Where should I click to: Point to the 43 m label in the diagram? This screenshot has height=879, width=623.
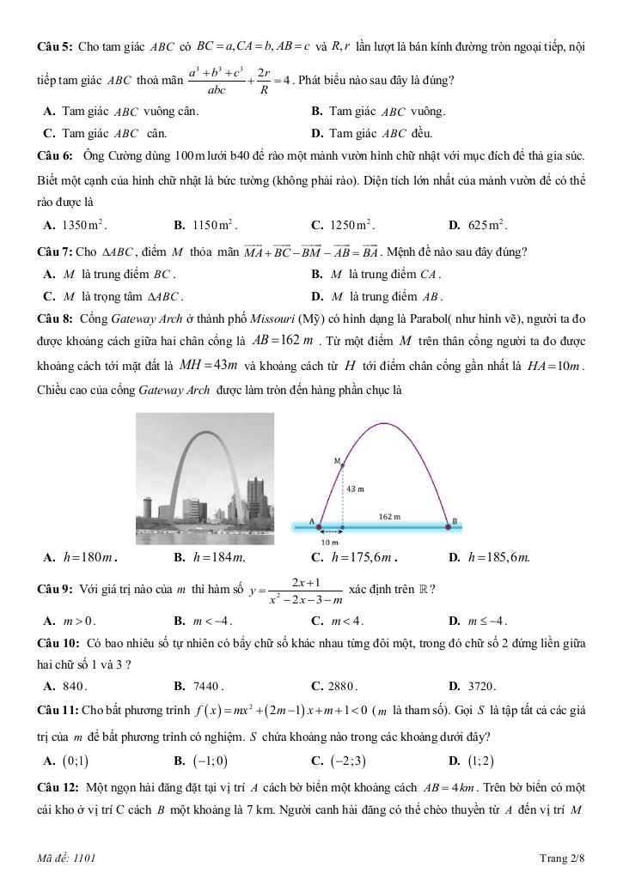[355, 488]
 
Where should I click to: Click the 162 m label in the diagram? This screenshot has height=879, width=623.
[390, 517]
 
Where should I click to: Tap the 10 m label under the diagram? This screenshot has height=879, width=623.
[330, 543]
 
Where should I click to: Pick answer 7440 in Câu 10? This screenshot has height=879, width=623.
[210, 686]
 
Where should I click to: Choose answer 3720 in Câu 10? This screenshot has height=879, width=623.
[482, 686]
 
